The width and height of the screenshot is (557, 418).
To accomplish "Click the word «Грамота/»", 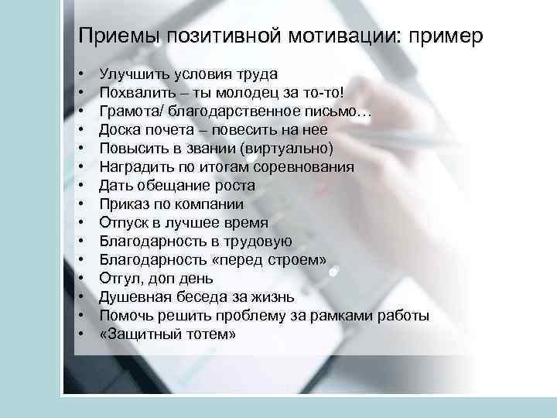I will click(x=128, y=111).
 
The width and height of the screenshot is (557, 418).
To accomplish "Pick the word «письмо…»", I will click(x=345, y=111).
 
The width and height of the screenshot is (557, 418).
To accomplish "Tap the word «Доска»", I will click(x=119, y=130).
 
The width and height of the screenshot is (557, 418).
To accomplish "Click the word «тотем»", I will click(x=207, y=334).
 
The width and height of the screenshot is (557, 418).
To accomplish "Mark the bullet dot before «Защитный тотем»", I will click(x=81, y=334).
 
